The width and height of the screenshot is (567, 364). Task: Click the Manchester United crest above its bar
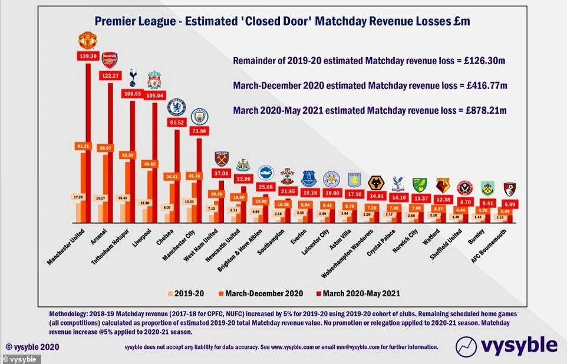(88, 40)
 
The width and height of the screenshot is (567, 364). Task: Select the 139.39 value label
(88, 55)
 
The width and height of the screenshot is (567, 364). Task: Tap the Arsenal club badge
(110, 59)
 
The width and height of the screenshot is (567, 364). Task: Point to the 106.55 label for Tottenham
(132, 94)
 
